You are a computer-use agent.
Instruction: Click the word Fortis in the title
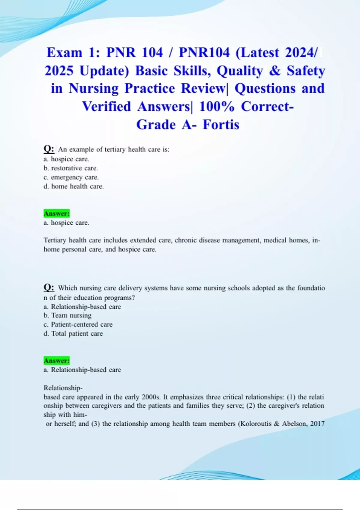coord(221,124)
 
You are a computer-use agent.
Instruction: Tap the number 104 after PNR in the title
coord(152,52)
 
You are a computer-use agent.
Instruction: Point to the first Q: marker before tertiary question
coord(49,149)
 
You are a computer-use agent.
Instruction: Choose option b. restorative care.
coord(71,168)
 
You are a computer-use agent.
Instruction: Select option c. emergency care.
coord(71,177)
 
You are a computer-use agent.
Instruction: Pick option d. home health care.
coord(74,186)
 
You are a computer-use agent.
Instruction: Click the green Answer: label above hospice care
coord(56,213)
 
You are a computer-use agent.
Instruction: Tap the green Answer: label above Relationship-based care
coord(56,360)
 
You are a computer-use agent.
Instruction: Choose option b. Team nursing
coord(67,315)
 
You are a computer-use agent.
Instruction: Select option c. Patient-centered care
coord(78,324)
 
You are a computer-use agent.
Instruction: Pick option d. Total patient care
coord(73,333)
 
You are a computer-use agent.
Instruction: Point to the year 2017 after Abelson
coord(317,424)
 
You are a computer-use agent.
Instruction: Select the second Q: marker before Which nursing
coord(49,287)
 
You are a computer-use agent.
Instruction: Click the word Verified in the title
coord(106,106)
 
